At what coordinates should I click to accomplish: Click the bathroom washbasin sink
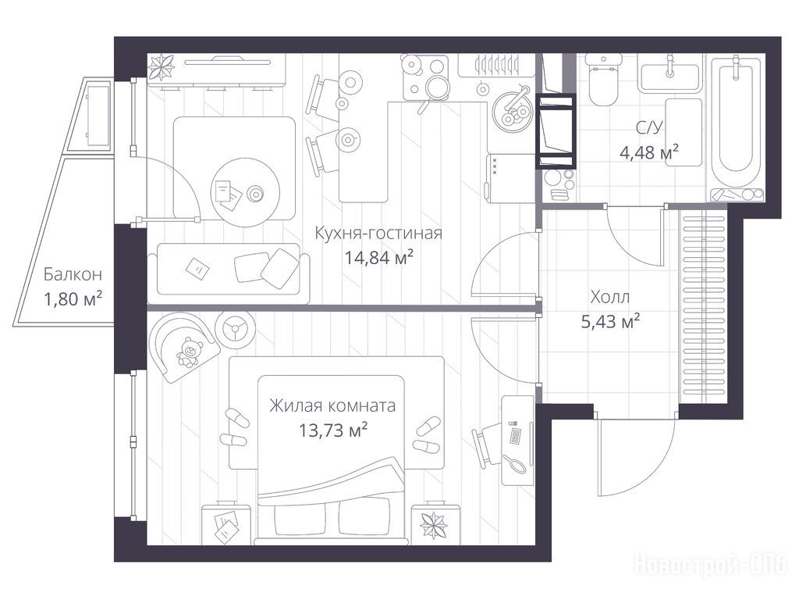(x=669, y=77)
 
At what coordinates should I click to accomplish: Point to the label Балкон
(x=73, y=274)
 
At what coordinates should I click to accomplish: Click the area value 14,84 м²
(x=378, y=258)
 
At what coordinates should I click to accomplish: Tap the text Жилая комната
(x=332, y=405)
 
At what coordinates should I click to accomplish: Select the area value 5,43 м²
(x=610, y=321)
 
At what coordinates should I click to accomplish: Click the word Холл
(x=610, y=297)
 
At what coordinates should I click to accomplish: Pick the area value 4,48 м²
(x=648, y=152)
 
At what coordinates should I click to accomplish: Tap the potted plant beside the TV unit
(x=162, y=67)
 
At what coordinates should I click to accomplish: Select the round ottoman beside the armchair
(x=236, y=329)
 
